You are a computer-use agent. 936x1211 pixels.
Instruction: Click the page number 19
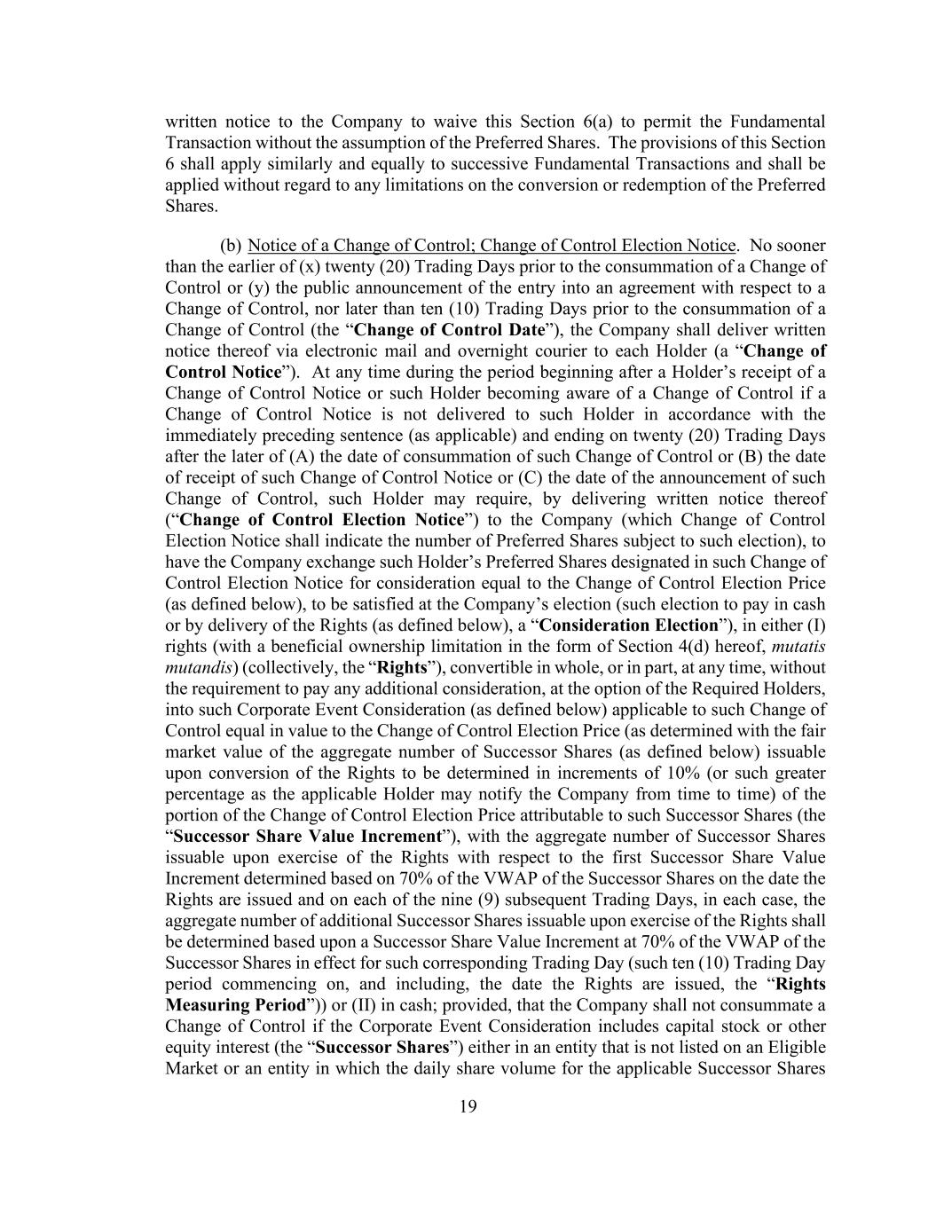[468, 1105]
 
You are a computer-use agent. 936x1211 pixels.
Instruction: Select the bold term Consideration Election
[628, 625]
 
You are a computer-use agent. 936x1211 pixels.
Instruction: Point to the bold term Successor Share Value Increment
[307, 837]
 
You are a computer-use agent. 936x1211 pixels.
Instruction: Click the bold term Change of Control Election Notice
[321, 520]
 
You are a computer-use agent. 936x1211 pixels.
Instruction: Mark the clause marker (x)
[289, 267]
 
